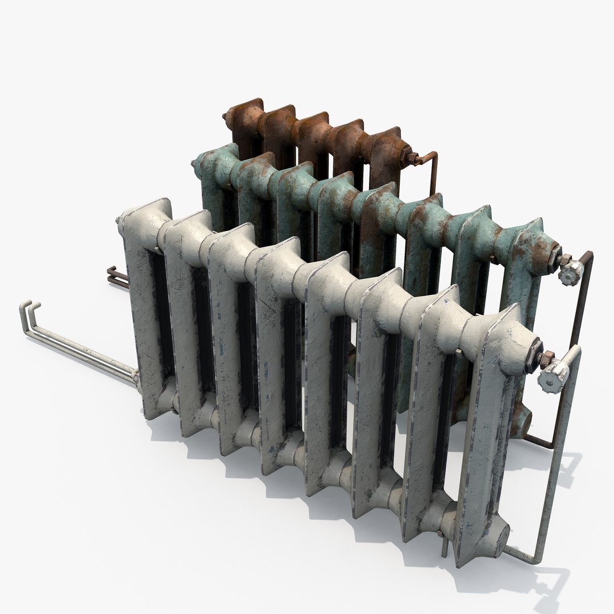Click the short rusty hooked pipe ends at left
point(110,273)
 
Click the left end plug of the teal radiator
point(196,167)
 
